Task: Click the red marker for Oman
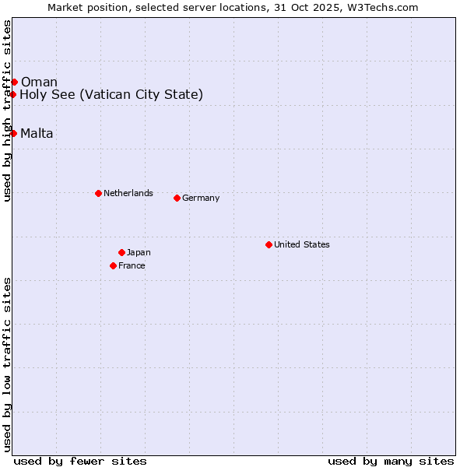tap(14, 82)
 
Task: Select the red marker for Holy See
tap(13, 94)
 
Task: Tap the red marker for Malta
tap(13, 133)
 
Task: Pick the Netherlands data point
tap(98, 193)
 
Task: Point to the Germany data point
tap(177, 198)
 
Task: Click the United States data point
tap(269, 244)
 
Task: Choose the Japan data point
tap(121, 252)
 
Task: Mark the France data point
tap(113, 265)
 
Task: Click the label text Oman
tap(39, 83)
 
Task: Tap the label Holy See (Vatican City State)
tap(111, 95)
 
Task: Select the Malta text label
tap(37, 134)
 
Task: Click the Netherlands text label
tap(128, 193)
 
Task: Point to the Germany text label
tap(201, 198)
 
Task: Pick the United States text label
tap(301, 244)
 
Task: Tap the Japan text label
tap(139, 252)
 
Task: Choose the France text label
tap(132, 265)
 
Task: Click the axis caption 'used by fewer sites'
tap(80, 461)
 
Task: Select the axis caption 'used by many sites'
tap(391, 461)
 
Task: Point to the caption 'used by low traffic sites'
tap(7, 363)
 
